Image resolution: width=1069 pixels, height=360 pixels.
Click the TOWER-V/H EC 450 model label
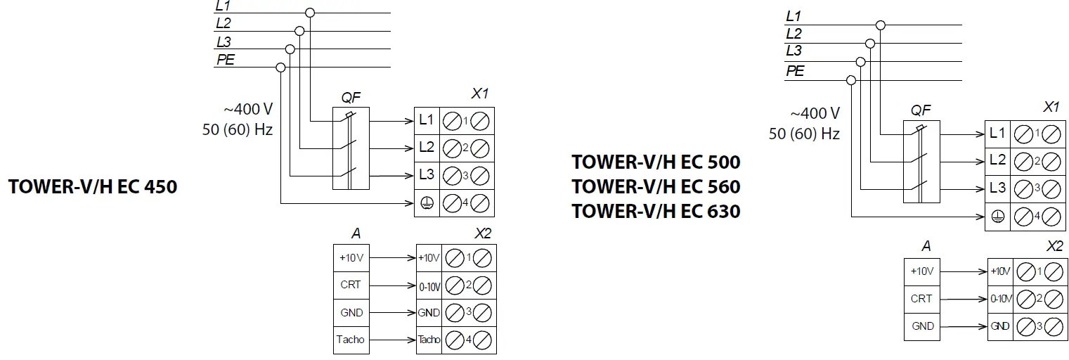[92, 188]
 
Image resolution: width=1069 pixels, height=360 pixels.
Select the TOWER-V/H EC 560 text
[655, 187]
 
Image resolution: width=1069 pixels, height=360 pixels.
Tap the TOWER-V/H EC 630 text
[655, 211]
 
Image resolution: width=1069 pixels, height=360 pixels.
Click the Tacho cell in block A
[350, 340]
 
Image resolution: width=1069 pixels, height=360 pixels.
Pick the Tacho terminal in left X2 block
[429, 340]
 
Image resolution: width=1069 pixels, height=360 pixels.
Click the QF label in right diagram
[920, 110]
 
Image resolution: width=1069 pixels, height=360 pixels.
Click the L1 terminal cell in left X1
[427, 120]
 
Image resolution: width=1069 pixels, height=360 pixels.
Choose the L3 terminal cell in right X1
[997, 188]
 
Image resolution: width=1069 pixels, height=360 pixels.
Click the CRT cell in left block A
[350, 285]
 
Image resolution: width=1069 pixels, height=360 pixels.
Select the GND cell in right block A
[922, 326]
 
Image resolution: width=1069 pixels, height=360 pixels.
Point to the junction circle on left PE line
[280, 67]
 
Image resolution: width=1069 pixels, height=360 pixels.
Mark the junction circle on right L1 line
[880, 25]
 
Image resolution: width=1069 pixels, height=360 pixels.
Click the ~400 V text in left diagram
[248, 110]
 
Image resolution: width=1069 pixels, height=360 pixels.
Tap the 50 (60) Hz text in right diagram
[804, 134]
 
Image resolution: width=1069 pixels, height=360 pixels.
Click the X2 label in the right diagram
[1054, 246]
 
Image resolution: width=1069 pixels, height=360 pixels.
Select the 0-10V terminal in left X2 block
[429, 285]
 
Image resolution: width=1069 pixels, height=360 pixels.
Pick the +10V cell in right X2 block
[999, 271]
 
